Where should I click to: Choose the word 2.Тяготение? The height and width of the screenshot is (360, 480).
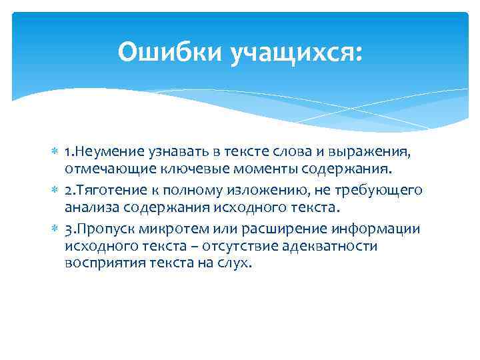pos(101,191)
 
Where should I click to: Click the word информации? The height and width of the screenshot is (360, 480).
pos(380,229)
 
